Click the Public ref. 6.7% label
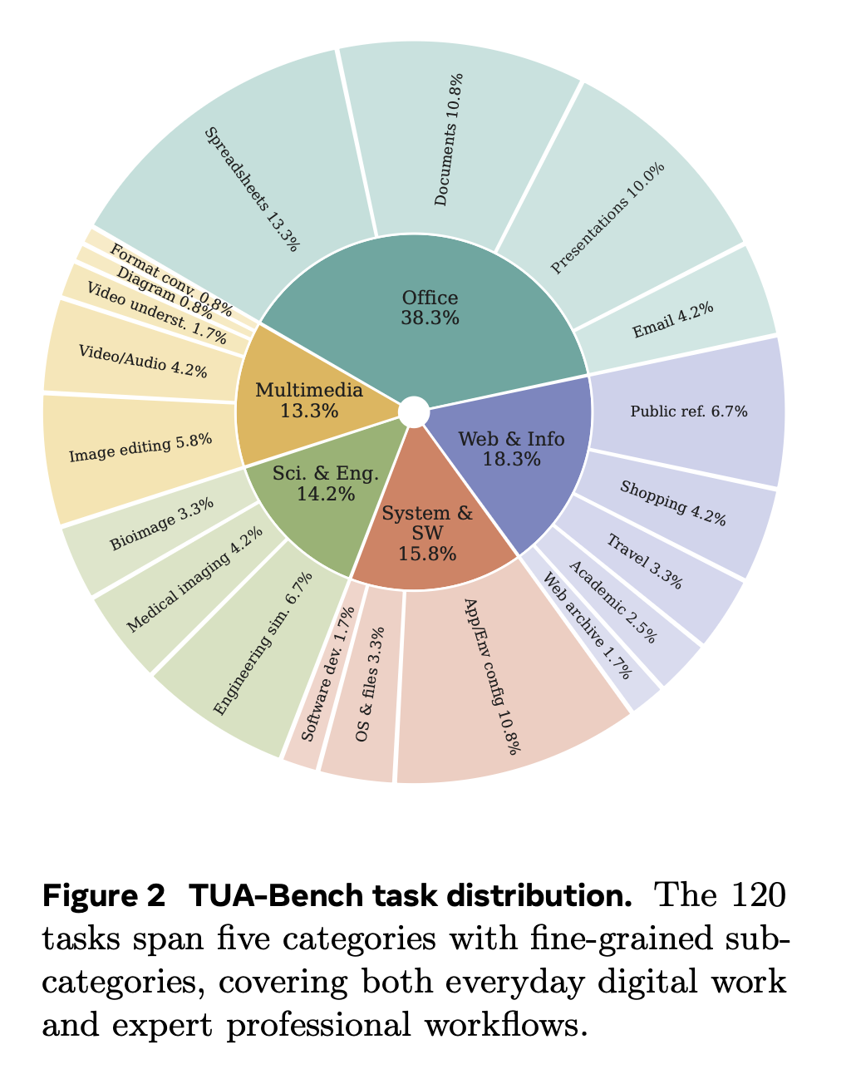pos(689,411)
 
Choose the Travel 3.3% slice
pos(647,562)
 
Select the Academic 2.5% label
pos(612,602)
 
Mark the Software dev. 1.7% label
pos(328,673)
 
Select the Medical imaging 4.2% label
pos(194,579)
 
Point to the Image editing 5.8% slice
pos(140,451)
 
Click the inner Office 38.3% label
pos(430,308)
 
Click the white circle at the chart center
pos(414,412)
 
